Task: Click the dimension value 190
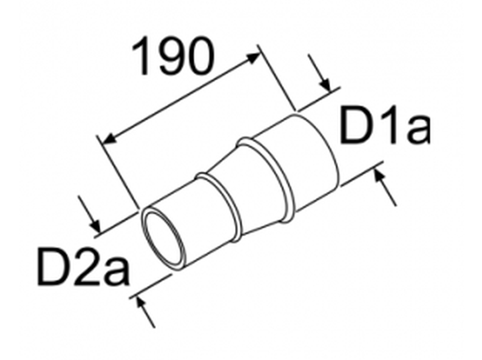pyautogui.click(x=173, y=57)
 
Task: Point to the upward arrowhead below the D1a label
pyautogui.click(x=379, y=175)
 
